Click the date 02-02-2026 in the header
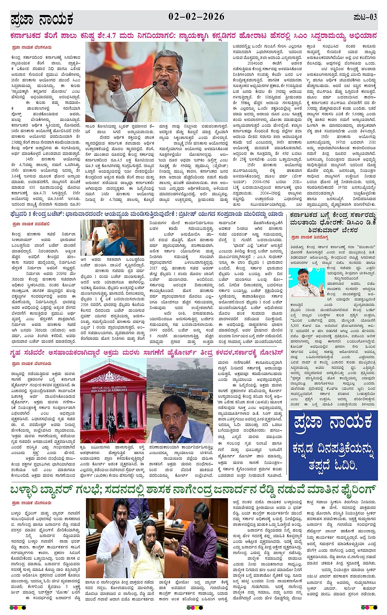coord(196,17)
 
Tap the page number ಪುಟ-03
coord(364,17)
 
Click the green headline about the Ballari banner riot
coord(193,490)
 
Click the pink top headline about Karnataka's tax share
coord(193,36)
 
